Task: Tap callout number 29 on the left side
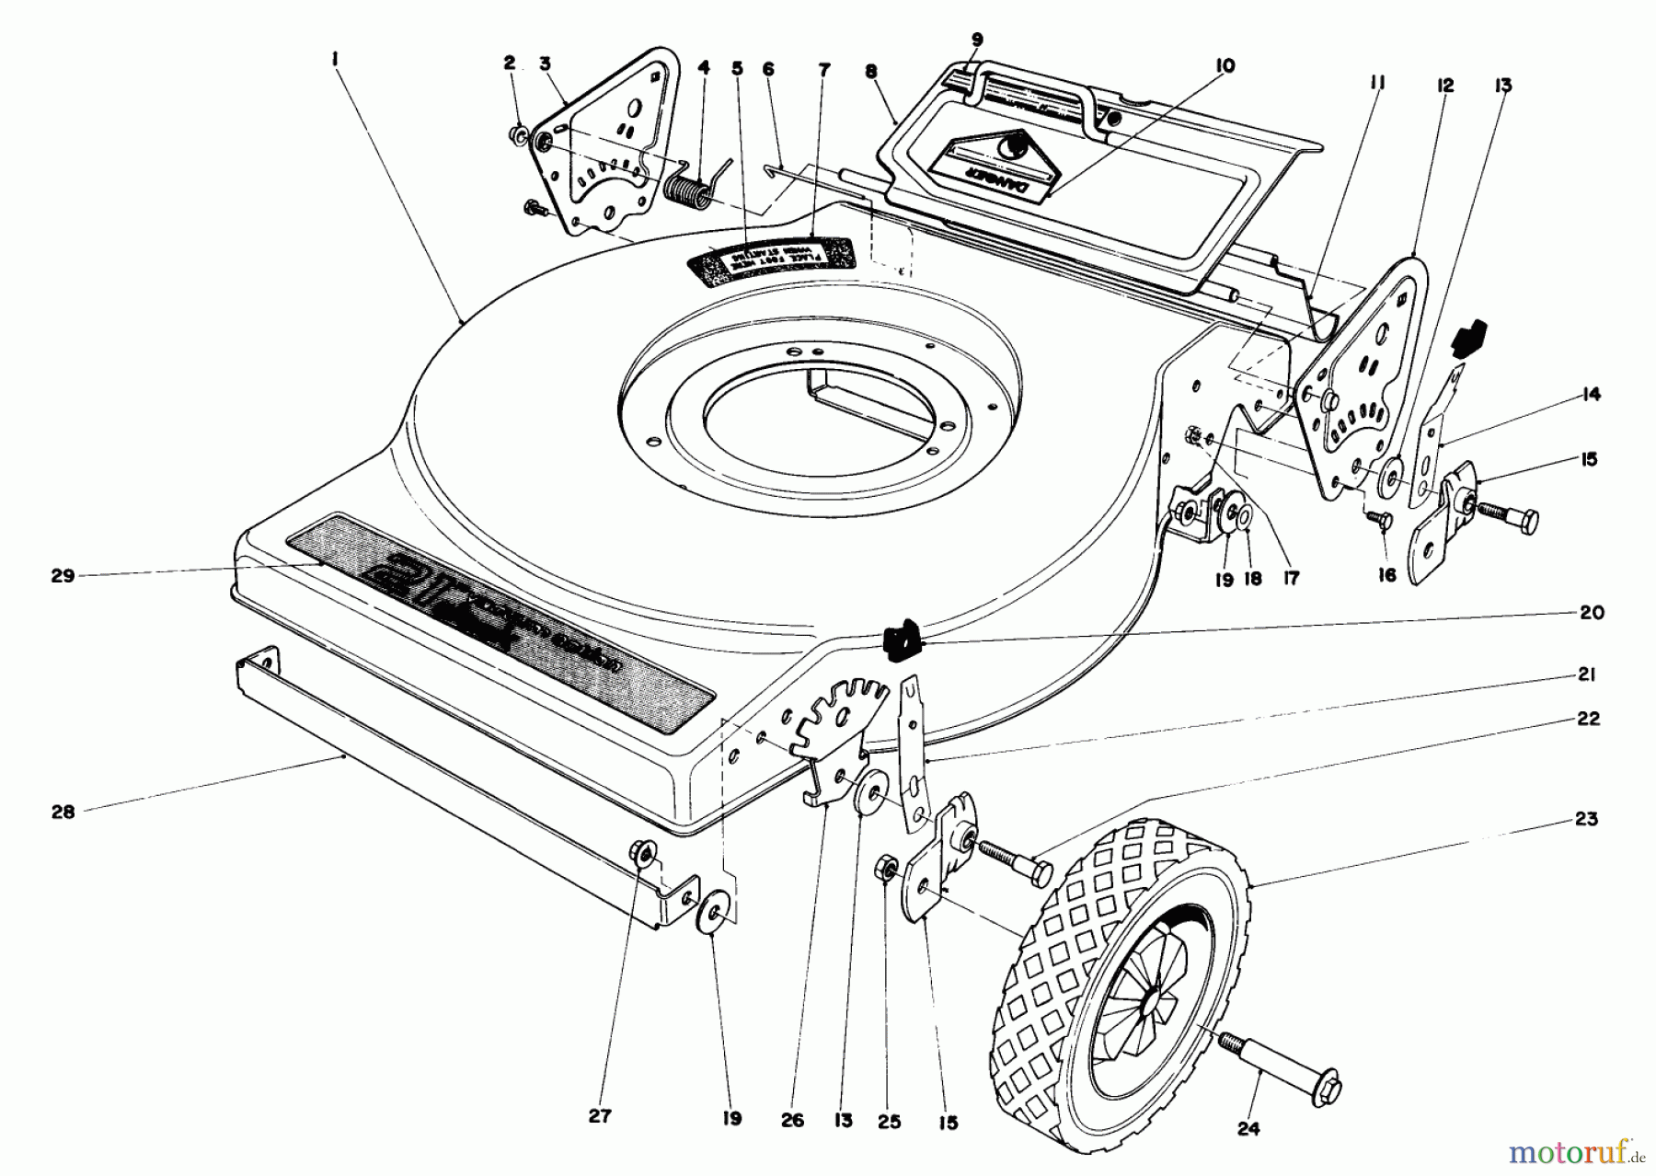coord(63,576)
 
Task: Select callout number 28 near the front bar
coord(63,812)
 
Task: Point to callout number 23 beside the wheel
coord(1585,818)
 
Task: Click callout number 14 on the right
coord(1590,395)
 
